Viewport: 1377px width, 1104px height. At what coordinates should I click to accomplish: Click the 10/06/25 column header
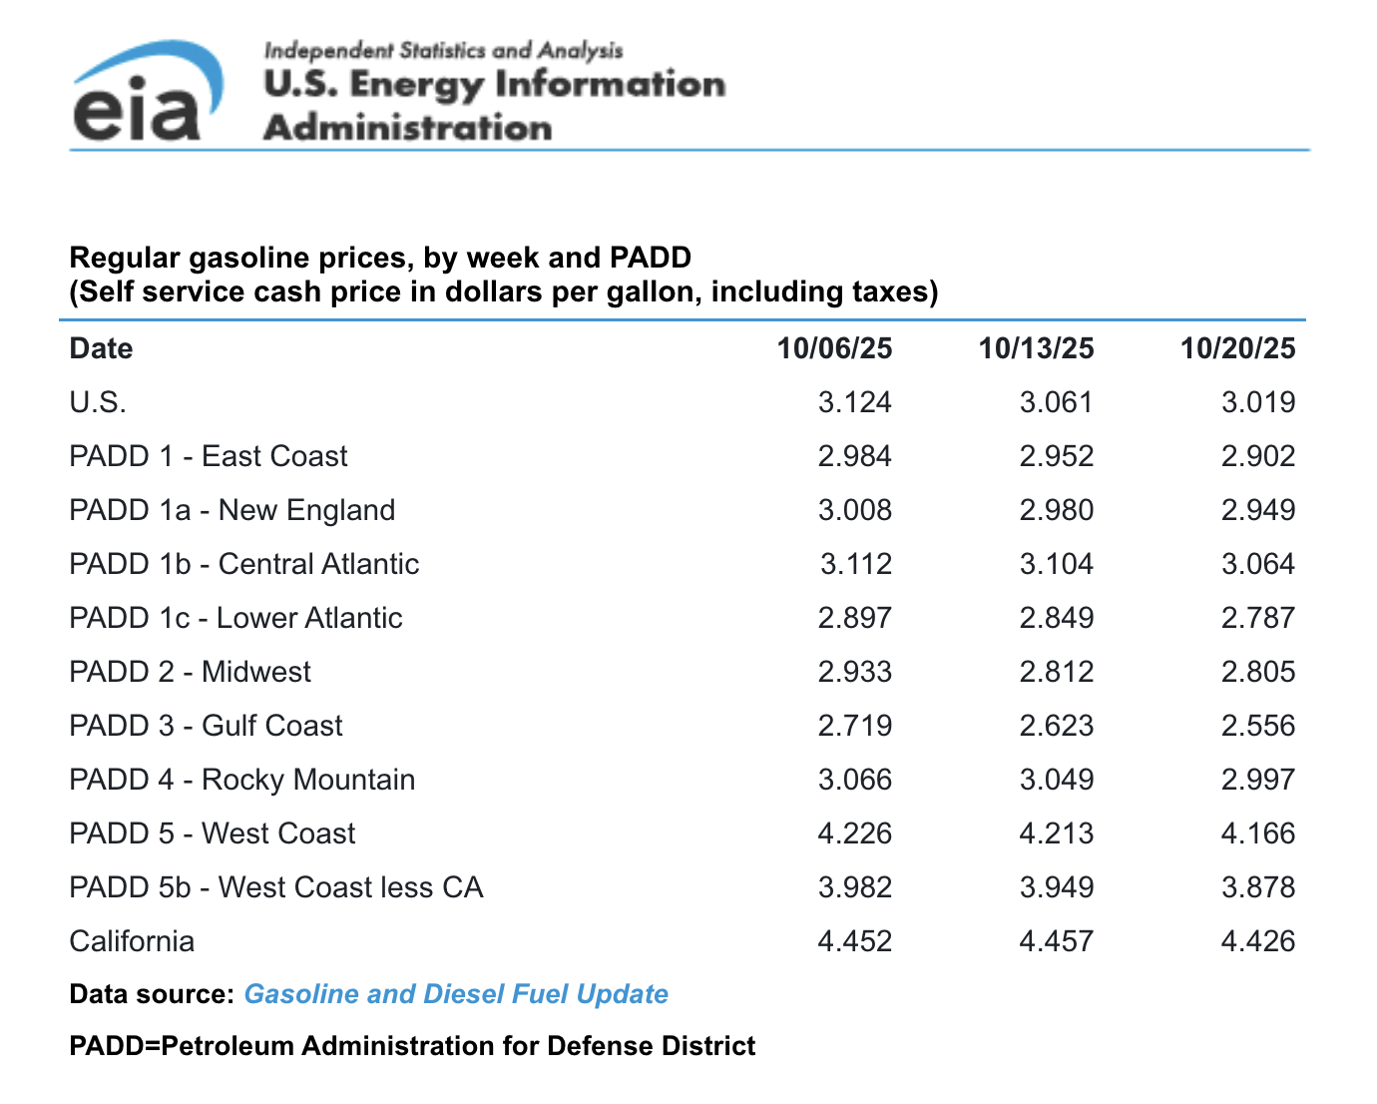pos(834,348)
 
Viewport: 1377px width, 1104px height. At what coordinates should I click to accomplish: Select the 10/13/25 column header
pos(1036,348)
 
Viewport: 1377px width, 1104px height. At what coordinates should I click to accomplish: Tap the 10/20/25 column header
pos(1237,348)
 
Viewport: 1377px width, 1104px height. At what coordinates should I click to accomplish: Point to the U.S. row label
pos(98,402)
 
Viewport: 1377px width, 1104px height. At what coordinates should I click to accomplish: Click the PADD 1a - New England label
pos(231,510)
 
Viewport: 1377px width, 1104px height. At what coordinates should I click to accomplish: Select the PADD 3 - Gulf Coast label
pos(206,726)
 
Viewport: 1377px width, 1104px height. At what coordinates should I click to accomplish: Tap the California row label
pos(132,941)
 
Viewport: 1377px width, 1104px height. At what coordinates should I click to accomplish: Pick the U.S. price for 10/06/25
pos(854,402)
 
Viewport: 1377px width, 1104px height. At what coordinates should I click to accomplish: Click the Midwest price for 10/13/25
pos(1056,672)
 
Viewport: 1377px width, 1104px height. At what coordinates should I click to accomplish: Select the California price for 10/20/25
pos(1257,941)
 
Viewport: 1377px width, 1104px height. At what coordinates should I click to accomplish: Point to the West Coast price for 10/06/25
pos(854,833)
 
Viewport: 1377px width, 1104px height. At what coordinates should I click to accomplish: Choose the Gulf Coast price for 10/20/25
pos(1257,726)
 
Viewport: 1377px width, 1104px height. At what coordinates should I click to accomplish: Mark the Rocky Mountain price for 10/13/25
pos(1056,780)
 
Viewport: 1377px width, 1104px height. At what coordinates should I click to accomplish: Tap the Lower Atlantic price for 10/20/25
pos(1257,618)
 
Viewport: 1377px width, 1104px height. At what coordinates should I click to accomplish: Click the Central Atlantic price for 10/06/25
pos(855,564)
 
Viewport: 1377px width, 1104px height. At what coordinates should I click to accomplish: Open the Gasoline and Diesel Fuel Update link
pos(456,994)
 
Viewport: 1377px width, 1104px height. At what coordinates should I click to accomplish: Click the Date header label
pos(101,348)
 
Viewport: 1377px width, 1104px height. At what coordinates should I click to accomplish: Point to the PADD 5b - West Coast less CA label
pos(275,887)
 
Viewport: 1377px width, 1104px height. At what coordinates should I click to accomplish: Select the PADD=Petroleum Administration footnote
pos(412,1046)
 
